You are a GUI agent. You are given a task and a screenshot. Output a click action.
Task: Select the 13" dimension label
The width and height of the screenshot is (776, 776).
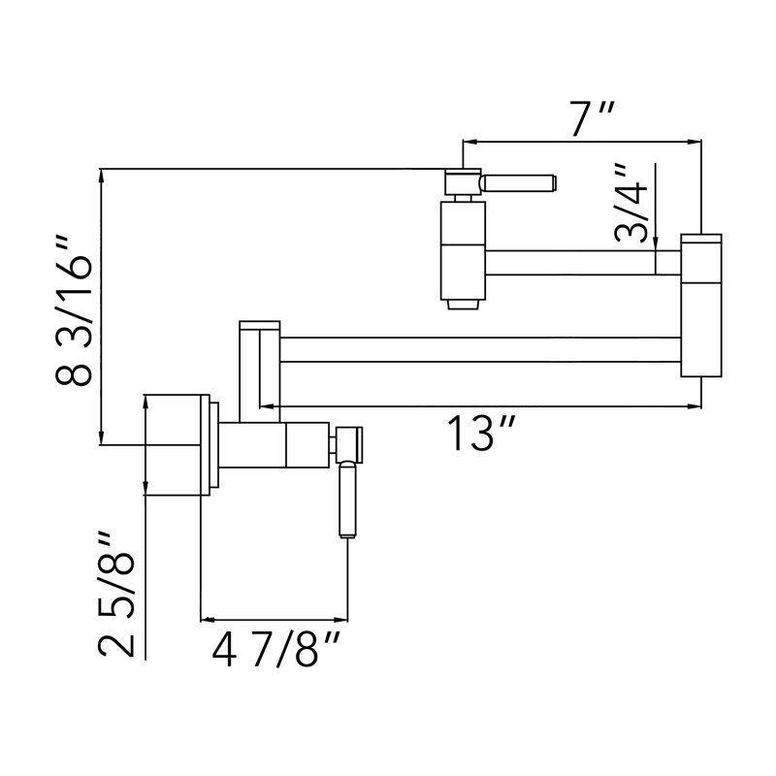click(481, 433)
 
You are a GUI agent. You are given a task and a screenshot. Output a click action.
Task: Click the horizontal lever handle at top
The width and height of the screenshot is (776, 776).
click(520, 182)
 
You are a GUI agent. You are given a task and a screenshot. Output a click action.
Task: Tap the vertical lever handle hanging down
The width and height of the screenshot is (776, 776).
click(347, 500)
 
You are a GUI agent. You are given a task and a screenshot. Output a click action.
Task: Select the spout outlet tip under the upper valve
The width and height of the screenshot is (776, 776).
click(463, 305)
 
